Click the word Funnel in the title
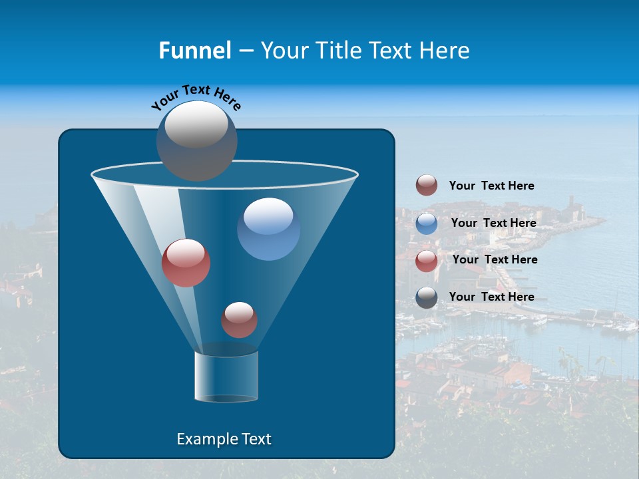194,51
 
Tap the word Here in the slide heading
443,51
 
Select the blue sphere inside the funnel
269,229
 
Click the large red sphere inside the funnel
186,263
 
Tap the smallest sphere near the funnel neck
239,320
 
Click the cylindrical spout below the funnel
226,377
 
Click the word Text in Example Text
256,439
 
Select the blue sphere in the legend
427,224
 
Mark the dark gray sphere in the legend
427,297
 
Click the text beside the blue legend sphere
493,223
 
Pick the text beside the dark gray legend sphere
491,297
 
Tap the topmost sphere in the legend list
427,186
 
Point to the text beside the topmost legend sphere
491,186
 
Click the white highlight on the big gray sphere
196,124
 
